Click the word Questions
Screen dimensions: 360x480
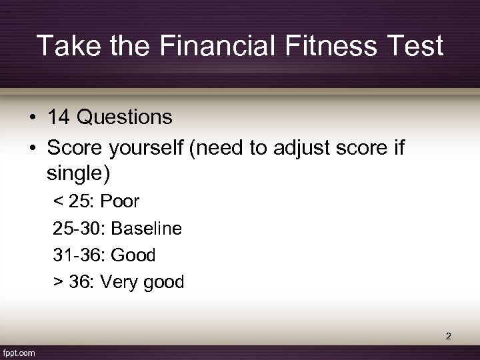(125, 118)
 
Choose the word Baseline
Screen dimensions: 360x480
(146, 228)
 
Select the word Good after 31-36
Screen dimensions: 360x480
(133, 255)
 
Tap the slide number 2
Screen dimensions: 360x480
(449, 336)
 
